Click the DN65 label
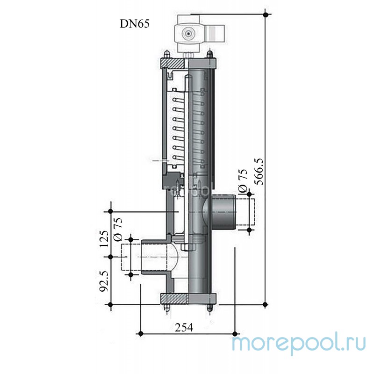(135, 23)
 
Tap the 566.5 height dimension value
(259, 172)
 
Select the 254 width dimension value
(184, 328)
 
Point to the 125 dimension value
(104, 239)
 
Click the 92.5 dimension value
(104, 281)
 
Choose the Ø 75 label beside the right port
(243, 180)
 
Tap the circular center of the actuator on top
(188, 34)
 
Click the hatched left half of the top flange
(173, 64)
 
